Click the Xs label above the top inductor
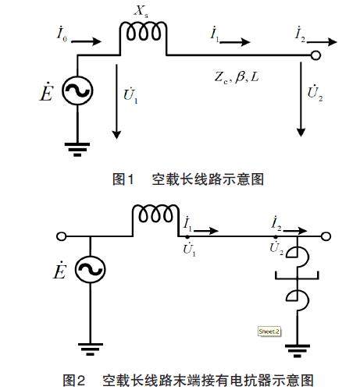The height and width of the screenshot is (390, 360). [141, 11]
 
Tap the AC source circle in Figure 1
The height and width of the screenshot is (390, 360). [77, 90]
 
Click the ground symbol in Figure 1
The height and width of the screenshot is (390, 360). [77, 150]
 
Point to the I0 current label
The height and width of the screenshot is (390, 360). [62, 34]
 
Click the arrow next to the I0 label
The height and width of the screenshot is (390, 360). [86, 41]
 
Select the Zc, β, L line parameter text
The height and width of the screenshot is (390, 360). [237, 77]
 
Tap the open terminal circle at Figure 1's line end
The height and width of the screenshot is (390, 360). [315, 55]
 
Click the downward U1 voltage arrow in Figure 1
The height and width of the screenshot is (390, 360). [116, 101]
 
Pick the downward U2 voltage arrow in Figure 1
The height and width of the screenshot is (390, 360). [301, 99]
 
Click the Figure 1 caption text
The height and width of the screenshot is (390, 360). [188, 179]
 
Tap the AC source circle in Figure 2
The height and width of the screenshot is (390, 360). [90, 269]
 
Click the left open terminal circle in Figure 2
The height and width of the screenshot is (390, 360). [62, 236]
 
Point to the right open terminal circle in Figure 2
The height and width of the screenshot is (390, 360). [326, 236]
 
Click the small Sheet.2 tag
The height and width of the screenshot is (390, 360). [269, 331]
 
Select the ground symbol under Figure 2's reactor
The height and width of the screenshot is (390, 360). [298, 351]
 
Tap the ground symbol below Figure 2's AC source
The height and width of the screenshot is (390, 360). [90, 349]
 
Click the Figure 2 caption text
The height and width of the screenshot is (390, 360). [188, 381]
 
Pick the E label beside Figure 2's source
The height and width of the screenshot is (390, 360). [59, 271]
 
